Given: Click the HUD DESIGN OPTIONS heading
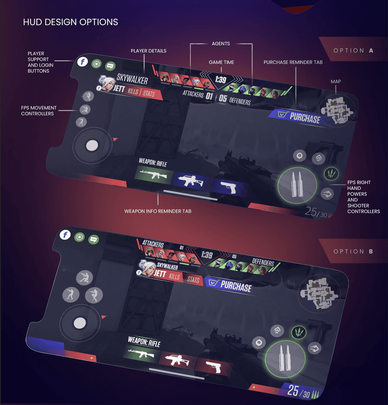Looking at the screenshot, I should coord(70,22).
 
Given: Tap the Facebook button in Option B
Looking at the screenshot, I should coord(65,235).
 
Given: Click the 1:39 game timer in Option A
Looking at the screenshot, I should coord(220,80).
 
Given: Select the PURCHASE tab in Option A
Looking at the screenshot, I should coord(300,116).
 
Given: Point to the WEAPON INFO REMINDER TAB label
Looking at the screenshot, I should coord(158,211).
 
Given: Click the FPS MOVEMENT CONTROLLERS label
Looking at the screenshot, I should coord(39,111).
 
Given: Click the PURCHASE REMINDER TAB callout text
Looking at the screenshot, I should coord(293,62).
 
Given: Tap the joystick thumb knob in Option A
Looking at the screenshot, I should coord(92,146).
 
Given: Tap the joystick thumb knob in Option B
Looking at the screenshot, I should coord(79,323).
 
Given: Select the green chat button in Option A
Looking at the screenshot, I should coord(110,66).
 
